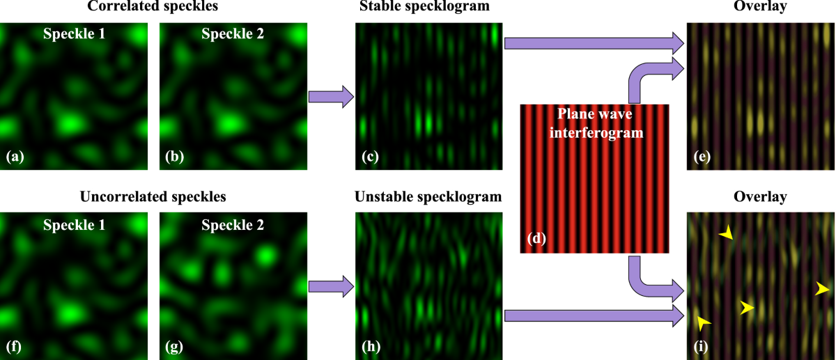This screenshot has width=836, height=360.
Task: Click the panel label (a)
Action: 15,157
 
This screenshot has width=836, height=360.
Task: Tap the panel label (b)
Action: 174,157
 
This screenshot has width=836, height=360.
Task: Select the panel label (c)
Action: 370,157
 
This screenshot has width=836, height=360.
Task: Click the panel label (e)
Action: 702,157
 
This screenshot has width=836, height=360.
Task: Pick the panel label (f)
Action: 14,345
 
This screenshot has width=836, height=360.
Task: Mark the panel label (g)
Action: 174,345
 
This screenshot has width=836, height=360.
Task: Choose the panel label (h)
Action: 370,345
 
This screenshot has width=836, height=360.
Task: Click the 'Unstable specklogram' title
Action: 427,196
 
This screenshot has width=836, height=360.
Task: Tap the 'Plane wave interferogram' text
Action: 595,123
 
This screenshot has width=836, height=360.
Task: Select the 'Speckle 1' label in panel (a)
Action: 74,33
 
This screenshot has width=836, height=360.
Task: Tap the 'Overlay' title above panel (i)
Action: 761,196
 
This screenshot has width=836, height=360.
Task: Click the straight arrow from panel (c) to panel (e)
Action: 593,43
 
